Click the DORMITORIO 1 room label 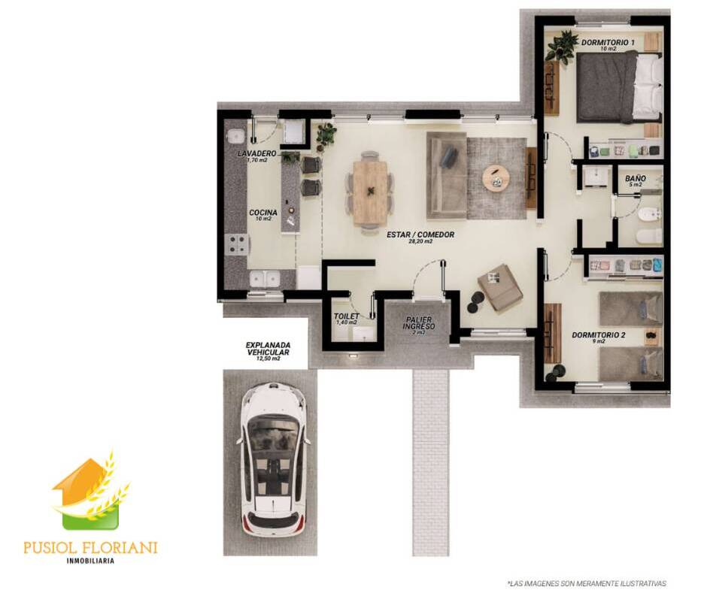pos(608,42)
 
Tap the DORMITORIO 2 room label pos(599,335)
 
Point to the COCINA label pos(263,212)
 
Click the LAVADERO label pos(256,153)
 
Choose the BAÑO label pos(636,178)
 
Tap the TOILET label pos(347,316)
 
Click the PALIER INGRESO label pos(419,322)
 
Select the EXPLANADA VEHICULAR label pos(268,349)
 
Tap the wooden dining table pos(370,192)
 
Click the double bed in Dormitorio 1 pos(618,87)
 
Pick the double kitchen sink pos(265,279)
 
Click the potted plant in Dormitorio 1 pos(561,46)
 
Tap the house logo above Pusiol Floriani pos(90,490)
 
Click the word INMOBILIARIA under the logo pos(90,561)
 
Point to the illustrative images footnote pos(587,582)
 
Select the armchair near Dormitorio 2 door pos(500,288)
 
